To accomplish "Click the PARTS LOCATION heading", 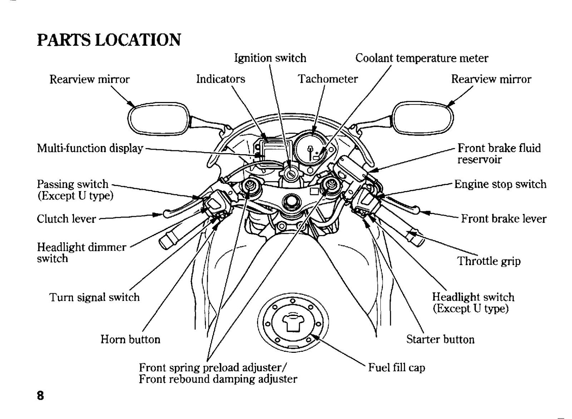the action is [x=109, y=40].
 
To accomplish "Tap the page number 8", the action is [x=40, y=395].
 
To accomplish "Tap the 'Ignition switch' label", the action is [x=270, y=58].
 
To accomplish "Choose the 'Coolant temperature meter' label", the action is [x=421, y=58].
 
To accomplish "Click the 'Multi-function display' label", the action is [x=90, y=148].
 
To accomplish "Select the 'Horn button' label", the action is [x=130, y=339].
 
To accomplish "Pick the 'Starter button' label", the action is [x=440, y=339].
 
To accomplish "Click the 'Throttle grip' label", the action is [x=489, y=261].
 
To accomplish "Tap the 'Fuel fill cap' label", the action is [x=396, y=367].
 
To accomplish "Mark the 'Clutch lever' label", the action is [x=66, y=219].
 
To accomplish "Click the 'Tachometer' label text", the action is [x=328, y=79].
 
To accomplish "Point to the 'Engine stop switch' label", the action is [x=500, y=184].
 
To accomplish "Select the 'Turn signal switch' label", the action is [x=94, y=297].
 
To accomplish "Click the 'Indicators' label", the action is [x=221, y=79].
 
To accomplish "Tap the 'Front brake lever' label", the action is [x=504, y=219].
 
